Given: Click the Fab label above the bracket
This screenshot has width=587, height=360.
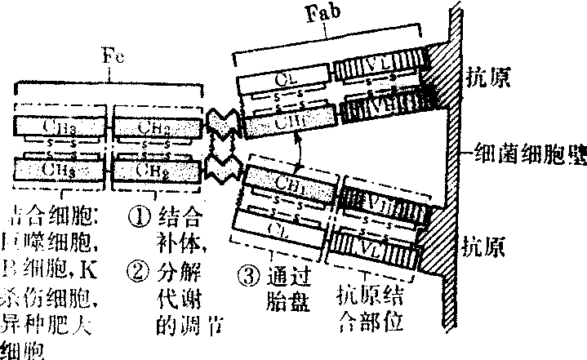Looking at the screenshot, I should pos(326,15).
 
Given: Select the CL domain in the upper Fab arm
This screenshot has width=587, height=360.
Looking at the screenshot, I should pos(283,81).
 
